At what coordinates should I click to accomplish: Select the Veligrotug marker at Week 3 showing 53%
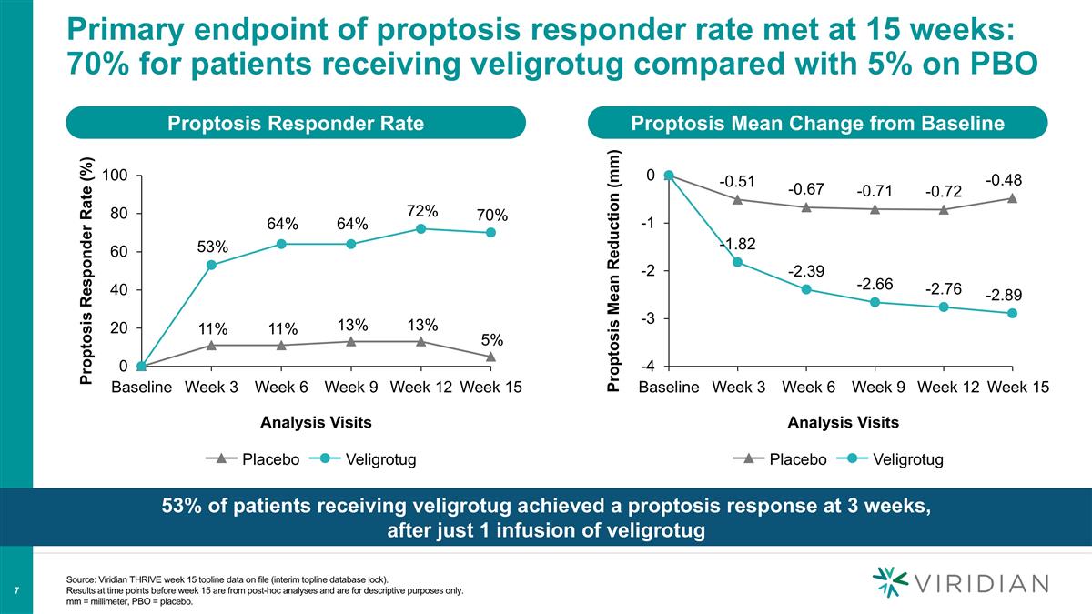(211, 265)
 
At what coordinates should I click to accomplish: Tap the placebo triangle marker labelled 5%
(490, 357)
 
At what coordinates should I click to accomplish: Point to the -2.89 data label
(1004, 296)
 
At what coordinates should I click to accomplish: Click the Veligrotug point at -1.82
(737, 262)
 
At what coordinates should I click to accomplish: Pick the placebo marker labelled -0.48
(1012, 198)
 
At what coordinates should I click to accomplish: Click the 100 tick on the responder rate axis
(115, 176)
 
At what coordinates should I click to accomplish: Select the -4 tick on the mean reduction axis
(647, 367)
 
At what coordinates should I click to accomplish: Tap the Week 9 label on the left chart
(351, 388)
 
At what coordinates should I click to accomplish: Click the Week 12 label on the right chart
(948, 388)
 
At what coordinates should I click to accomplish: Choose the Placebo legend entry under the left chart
(258, 459)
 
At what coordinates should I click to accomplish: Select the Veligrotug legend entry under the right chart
(895, 459)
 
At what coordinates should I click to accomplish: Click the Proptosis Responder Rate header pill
(296, 124)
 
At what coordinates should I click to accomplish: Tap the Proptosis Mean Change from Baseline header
(819, 124)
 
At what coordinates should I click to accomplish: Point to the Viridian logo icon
(890, 583)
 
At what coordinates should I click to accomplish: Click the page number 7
(18, 591)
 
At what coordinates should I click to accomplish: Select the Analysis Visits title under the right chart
(843, 422)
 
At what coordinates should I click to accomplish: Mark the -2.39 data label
(806, 271)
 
